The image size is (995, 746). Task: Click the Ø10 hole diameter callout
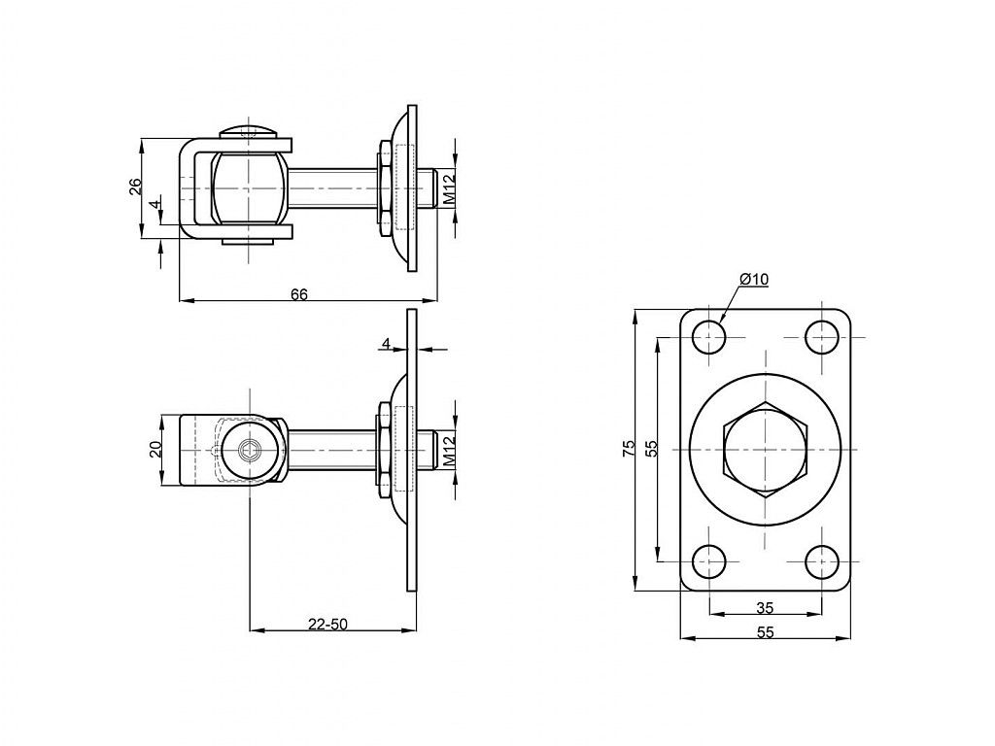click(x=754, y=279)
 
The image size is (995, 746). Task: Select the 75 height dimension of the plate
click(x=629, y=449)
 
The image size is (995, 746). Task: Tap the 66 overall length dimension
click(x=299, y=294)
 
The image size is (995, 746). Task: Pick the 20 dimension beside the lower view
click(x=155, y=450)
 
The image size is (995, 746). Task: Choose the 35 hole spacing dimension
click(x=766, y=608)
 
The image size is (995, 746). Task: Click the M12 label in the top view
click(x=449, y=189)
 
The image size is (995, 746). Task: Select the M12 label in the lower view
click(x=449, y=452)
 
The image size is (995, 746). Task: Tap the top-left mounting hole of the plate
click(x=708, y=337)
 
